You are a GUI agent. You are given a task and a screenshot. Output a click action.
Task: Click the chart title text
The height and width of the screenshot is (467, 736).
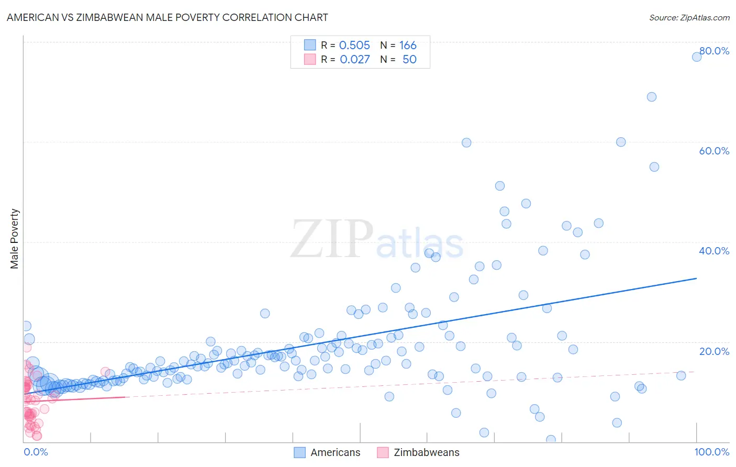pyautogui.click(x=167, y=17)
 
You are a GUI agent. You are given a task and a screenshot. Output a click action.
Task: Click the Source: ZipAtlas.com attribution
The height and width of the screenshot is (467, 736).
pyautogui.click(x=689, y=17)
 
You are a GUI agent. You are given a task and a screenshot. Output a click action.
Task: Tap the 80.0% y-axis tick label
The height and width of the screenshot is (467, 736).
pyautogui.click(x=714, y=51)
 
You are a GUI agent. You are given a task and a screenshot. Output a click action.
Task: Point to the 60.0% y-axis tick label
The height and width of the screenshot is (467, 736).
pyautogui.click(x=714, y=151)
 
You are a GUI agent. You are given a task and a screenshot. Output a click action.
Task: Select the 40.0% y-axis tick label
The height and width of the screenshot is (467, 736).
pyautogui.click(x=714, y=251)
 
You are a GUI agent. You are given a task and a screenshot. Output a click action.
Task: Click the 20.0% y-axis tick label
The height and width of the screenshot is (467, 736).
pyautogui.click(x=714, y=351)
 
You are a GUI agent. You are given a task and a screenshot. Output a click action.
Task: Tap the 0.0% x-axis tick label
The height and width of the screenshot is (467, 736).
pyautogui.click(x=36, y=452)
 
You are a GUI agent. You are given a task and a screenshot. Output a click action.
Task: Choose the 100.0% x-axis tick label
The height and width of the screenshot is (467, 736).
pyautogui.click(x=711, y=452)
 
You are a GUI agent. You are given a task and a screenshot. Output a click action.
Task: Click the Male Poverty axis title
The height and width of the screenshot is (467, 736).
pyautogui.click(x=15, y=239)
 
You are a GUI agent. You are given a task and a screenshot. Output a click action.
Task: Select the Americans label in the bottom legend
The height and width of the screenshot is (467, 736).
pyautogui.click(x=335, y=452)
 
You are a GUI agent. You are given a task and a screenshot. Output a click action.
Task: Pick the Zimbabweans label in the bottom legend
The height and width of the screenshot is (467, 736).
pyautogui.click(x=426, y=452)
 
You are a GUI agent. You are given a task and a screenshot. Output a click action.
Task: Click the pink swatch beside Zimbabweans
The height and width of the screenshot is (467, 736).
pyautogui.click(x=383, y=452)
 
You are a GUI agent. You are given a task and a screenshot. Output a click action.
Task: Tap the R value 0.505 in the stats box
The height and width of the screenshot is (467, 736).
pyautogui.click(x=354, y=46)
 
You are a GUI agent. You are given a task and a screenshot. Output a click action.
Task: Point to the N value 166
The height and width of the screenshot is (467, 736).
pyautogui.click(x=408, y=46)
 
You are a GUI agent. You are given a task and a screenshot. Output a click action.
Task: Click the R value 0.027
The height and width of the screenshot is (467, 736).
pyautogui.click(x=354, y=60)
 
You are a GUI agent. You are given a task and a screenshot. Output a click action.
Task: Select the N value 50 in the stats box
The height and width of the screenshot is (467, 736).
pyautogui.click(x=409, y=60)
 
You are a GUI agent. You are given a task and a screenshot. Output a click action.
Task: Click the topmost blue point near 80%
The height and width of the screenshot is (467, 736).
pyautogui.click(x=697, y=57)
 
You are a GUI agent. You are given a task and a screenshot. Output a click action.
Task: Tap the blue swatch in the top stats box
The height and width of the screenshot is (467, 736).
pyautogui.click(x=310, y=45)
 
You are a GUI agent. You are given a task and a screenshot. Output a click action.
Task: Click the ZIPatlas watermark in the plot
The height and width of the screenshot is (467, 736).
pyautogui.click(x=377, y=240)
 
